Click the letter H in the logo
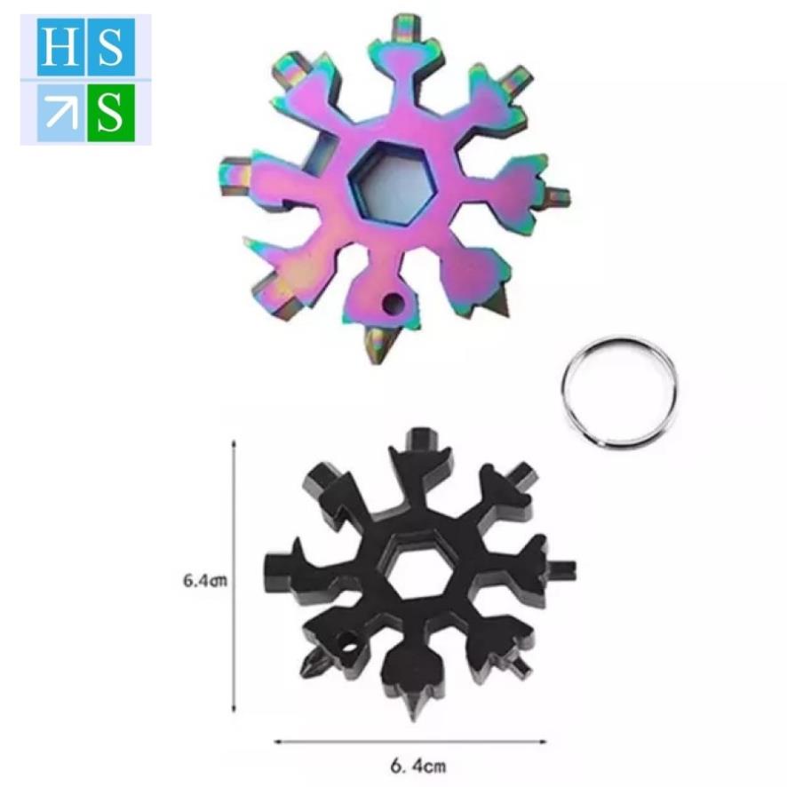coord(60,47)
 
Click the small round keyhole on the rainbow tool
coord(393,303)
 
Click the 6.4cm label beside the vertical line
coord(205,580)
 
